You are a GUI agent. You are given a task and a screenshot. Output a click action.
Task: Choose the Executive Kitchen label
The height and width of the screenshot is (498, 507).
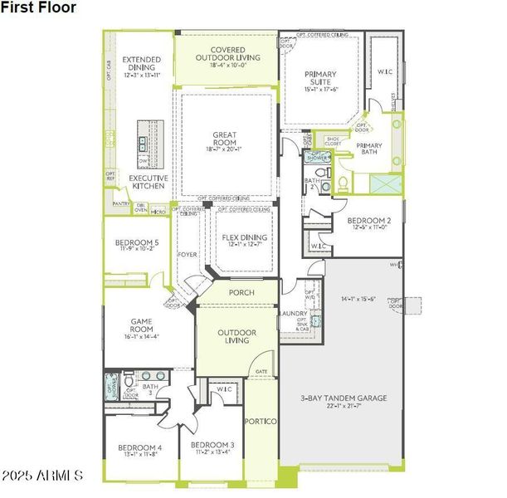pos(149,183)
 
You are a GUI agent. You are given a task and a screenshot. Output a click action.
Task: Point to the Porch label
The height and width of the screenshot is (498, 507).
pos(240,293)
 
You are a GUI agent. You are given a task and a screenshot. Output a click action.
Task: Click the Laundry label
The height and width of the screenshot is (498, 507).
pos(294,314)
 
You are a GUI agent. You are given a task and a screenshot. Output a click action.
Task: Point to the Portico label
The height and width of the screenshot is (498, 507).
pos(263,422)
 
